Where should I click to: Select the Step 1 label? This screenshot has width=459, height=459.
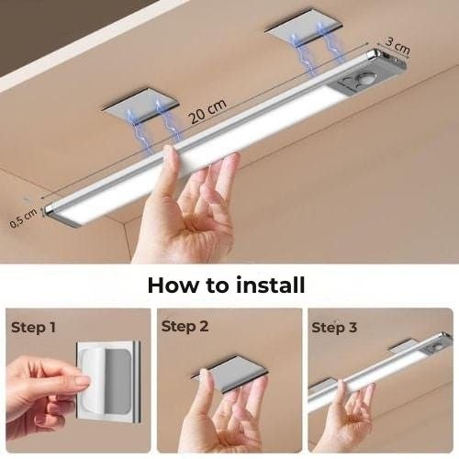point(33,326)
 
